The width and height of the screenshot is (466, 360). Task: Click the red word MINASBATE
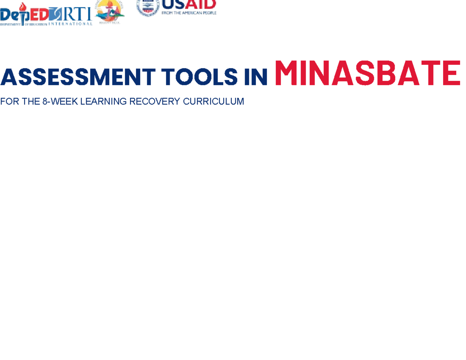(x=367, y=73)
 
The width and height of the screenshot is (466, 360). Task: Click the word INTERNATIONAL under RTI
(x=71, y=24)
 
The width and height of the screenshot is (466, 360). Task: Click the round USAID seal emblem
(x=148, y=7)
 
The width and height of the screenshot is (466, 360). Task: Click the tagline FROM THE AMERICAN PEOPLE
(x=189, y=13)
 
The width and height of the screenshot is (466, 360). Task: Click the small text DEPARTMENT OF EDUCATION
(x=23, y=24)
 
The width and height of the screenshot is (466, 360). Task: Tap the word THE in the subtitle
(x=27, y=102)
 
